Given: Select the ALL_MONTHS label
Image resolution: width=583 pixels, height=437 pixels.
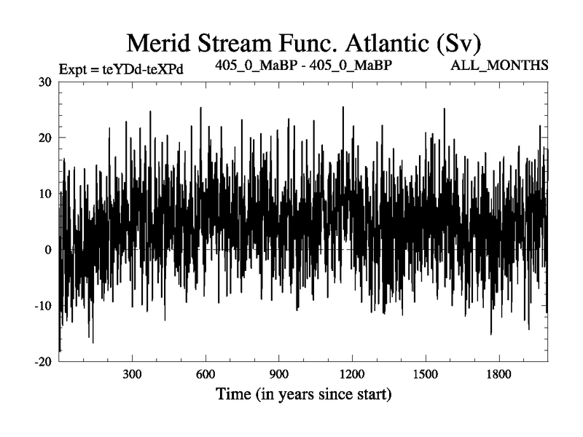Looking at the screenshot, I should pyautogui.click(x=500, y=66).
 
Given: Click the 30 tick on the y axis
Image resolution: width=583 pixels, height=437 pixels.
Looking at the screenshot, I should pyautogui.click(x=44, y=82).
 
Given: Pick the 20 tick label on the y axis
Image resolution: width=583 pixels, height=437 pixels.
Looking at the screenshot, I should pyautogui.click(x=44, y=138).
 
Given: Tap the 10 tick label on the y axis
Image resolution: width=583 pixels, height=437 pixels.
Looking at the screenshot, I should pyautogui.click(x=44, y=194).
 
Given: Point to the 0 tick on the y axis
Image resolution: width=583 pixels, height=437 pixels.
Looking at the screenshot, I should pyautogui.click(x=48, y=250).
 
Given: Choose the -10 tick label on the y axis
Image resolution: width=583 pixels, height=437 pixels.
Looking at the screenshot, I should pyautogui.click(x=42, y=306).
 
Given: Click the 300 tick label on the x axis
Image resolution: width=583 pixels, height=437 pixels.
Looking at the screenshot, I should pyautogui.click(x=132, y=377).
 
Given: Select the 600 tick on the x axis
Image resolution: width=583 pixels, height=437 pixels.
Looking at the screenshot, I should pyautogui.click(x=206, y=377).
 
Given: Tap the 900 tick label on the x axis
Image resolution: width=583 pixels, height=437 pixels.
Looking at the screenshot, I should pyautogui.click(x=279, y=377).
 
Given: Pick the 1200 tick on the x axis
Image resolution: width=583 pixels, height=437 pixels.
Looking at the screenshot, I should pyautogui.click(x=352, y=377).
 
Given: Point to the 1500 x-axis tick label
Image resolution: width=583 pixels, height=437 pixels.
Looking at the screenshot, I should pyautogui.click(x=426, y=377).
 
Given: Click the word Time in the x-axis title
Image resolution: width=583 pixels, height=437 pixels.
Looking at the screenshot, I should pyautogui.click(x=234, y=396).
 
